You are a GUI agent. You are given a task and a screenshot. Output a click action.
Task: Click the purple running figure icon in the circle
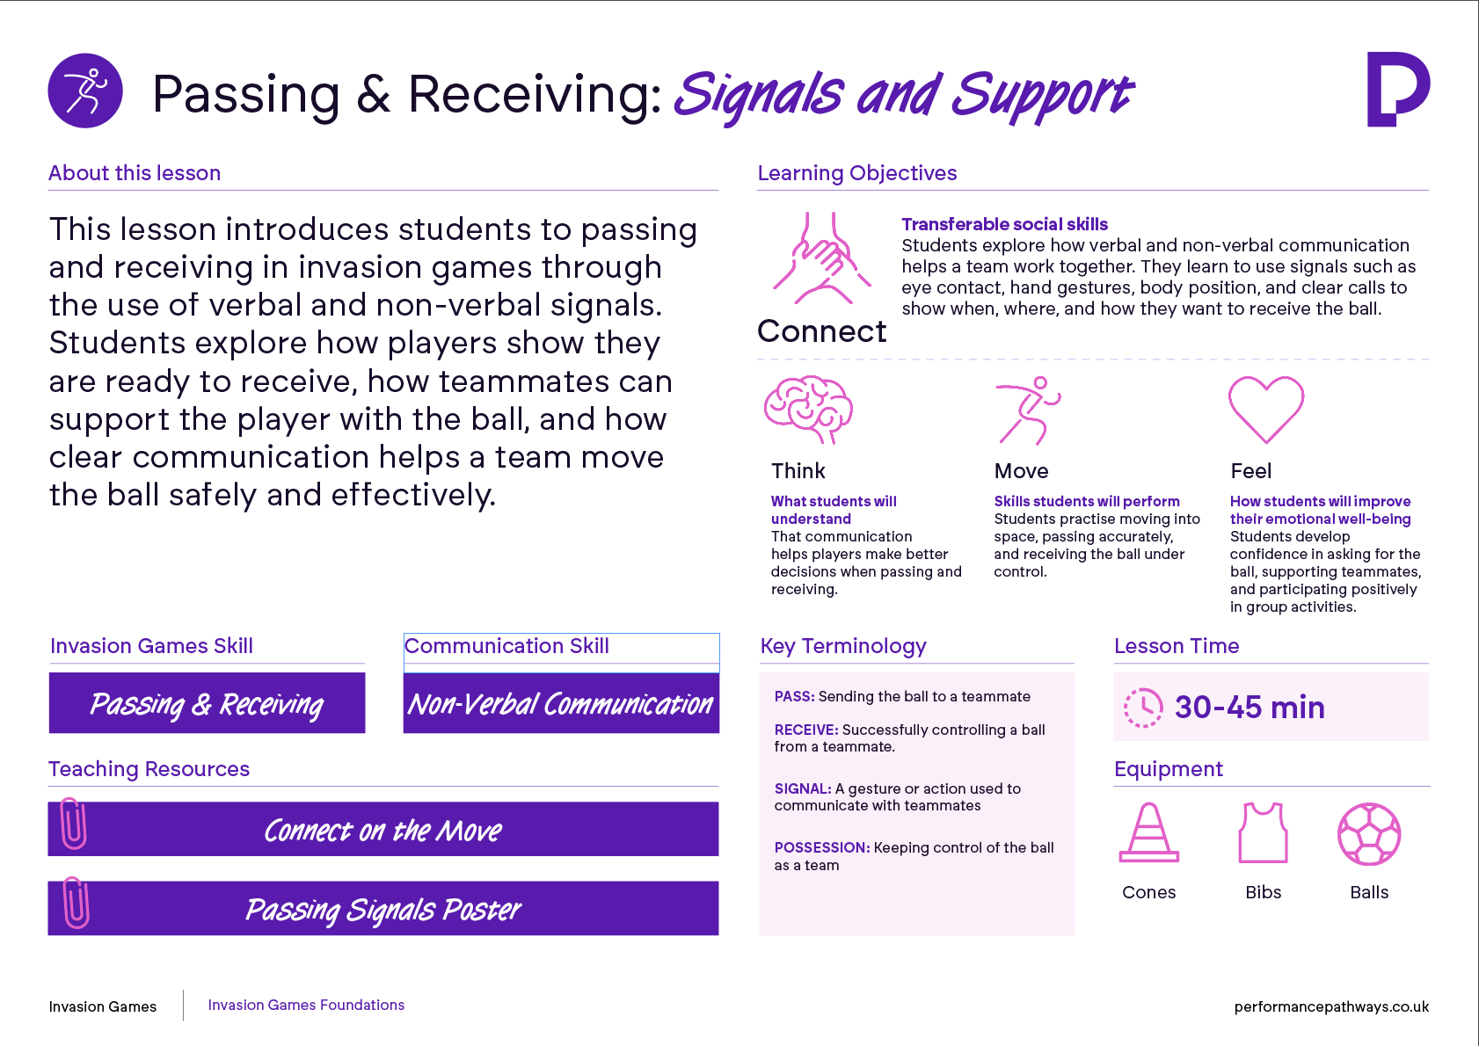[x=85, y=91]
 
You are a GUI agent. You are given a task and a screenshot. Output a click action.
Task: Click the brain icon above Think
[x=808, y=409]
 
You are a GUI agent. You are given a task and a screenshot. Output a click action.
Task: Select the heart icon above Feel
[x=1265, y=409]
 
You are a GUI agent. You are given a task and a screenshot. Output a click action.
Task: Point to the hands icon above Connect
[x=821, y=258]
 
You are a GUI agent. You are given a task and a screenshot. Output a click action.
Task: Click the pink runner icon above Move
[x=1028, y=410]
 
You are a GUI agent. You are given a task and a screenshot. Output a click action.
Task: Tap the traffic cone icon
[x=1149, y=832]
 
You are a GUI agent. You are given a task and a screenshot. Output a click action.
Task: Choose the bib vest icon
[x=1263, y=832]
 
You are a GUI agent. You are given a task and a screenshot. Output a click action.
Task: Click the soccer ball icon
[x=1369, y=833]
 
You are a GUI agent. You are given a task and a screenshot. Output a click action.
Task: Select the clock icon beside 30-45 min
[x=1143, y=708]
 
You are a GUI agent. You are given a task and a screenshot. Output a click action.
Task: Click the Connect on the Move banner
[x=383, y=829]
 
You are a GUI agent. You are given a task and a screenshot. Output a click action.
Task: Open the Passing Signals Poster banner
[x=383, y=908]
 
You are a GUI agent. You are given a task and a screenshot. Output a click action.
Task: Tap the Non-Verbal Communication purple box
[x=561, y=703]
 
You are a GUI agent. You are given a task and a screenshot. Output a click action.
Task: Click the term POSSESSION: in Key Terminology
[x=822, y=847]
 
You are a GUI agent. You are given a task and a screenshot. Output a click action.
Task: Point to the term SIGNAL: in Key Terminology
[x=803, y=788]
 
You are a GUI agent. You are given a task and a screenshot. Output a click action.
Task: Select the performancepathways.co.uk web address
[x=1331, y=1006]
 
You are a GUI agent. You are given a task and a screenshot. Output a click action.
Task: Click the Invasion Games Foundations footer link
[x=306, y=1005]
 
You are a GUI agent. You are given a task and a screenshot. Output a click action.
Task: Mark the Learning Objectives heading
[x=857, y=173]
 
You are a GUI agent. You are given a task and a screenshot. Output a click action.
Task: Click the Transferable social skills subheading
[x=1004, y=224]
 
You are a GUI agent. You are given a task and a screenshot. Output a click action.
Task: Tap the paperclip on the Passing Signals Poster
[x=76, y=903]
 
